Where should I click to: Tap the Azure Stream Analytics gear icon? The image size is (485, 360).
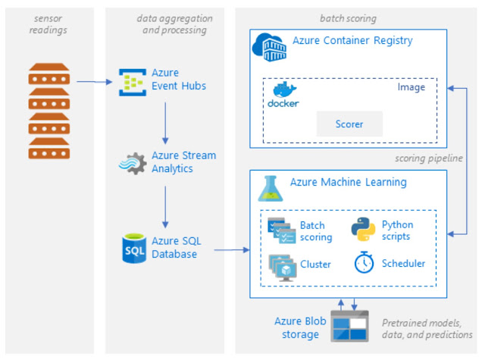133,162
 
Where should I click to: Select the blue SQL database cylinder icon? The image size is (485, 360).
134,248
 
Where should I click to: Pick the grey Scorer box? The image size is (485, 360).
349,124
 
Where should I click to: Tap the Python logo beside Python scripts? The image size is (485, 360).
363,230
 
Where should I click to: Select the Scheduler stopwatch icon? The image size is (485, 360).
363,263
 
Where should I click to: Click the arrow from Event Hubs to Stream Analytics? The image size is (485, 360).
164,121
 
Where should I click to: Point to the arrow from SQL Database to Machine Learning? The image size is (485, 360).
231,249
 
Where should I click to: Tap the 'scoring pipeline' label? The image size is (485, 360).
428,159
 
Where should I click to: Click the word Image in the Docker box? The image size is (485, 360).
411,87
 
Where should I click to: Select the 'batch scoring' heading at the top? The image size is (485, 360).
348,17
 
